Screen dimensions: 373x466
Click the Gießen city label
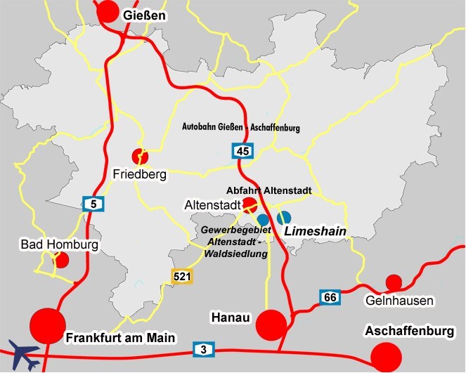(144, 15)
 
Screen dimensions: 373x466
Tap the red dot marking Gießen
(108, 11)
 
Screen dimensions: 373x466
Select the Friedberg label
(139, 174)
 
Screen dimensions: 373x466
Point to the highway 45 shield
(242, 150)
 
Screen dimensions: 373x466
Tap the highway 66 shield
(330, 297)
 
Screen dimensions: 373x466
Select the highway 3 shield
(203, 349)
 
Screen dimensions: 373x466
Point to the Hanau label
(231, 318)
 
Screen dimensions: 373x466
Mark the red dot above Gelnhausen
(394, 282)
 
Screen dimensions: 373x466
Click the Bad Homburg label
(58, 245)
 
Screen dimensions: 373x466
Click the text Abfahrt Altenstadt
(268, 190)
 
